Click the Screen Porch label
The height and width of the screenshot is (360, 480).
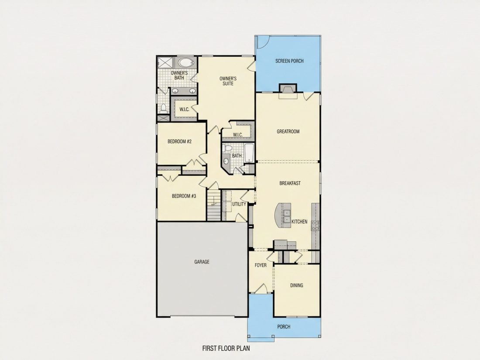289,61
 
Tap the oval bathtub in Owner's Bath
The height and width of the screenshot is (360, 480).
186,63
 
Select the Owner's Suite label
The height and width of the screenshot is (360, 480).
228,81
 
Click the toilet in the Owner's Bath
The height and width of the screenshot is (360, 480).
164,108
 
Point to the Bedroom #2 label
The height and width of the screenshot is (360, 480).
179,141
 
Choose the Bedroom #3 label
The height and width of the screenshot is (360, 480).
184,196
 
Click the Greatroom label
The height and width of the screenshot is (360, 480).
288,132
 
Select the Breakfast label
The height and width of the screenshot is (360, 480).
290,183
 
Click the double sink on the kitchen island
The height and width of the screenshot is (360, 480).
287,216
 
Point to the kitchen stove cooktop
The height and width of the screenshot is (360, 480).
315,226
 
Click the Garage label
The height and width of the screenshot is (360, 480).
202,262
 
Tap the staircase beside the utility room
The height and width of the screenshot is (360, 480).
214,205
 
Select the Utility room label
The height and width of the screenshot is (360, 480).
239,204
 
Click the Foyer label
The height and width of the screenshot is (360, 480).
261,265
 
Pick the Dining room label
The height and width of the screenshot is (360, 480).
297,285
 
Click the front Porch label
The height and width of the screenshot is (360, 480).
284,327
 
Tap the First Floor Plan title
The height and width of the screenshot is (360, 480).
226,348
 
